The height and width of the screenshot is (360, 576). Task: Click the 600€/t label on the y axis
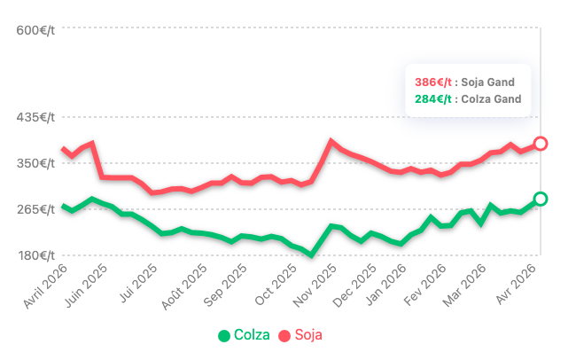[x=36, y=30]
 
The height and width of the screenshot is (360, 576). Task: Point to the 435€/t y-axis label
[x=36, y=117]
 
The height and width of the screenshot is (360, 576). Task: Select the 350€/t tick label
[x=36, y=163]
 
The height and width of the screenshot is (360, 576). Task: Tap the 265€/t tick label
[x=36, y=209]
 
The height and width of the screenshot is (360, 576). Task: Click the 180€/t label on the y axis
[x=36, y=255]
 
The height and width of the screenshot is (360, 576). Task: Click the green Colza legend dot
[x=224, y=335]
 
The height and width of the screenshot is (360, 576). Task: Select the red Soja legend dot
[x=284, y=335]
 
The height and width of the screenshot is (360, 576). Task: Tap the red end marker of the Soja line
[x=541, y=144]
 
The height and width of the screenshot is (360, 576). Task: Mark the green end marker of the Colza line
[x=541, y=199]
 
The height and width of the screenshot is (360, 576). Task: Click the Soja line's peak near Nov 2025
[x=331, y=141]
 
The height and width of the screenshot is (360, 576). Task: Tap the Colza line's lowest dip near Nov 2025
[x=311, y=255]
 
